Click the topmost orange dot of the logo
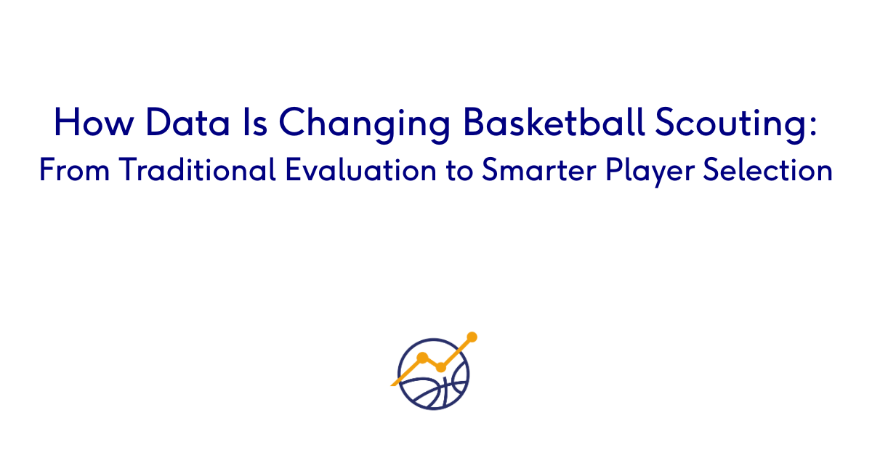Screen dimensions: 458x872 [x=472, y=337]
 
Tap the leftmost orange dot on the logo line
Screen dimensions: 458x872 [x=422, y=357]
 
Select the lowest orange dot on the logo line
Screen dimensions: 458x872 [x=440, y=367]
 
